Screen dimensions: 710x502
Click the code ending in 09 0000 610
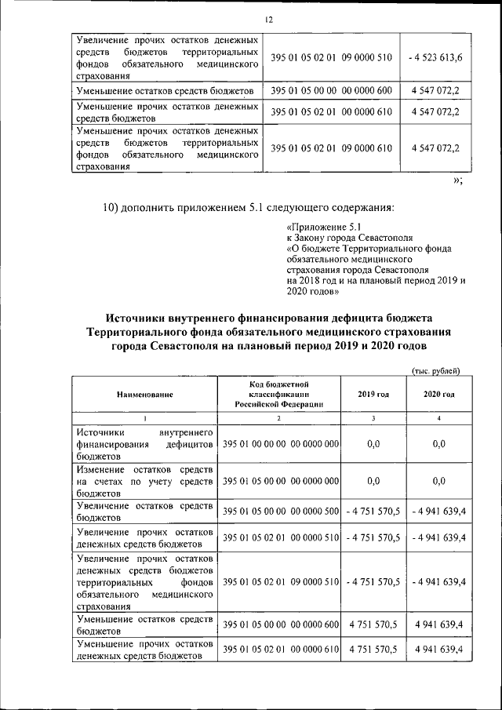pyautogui.click(x=331, y=147)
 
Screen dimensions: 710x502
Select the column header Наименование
pyautogui.click(x=145, y=394)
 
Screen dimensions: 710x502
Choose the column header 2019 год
pyautogui.click(x=373, y=394)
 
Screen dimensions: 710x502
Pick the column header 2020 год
pyautogui.click(x=439, y=394)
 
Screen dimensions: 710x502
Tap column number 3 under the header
pyautogui.click(x=373, y=417)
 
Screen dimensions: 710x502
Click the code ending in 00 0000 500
pyautogui.click(x=281, y=512)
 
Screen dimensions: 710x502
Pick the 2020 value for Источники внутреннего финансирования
pyautogui.click(x=439, y=444)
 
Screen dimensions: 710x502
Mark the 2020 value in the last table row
pyautogui.click(x=439, y=650)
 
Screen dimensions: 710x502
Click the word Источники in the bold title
pyautogui.click(x=144, y=318)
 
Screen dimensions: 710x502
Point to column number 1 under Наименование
pyautogui.click(x=145, y=417)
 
